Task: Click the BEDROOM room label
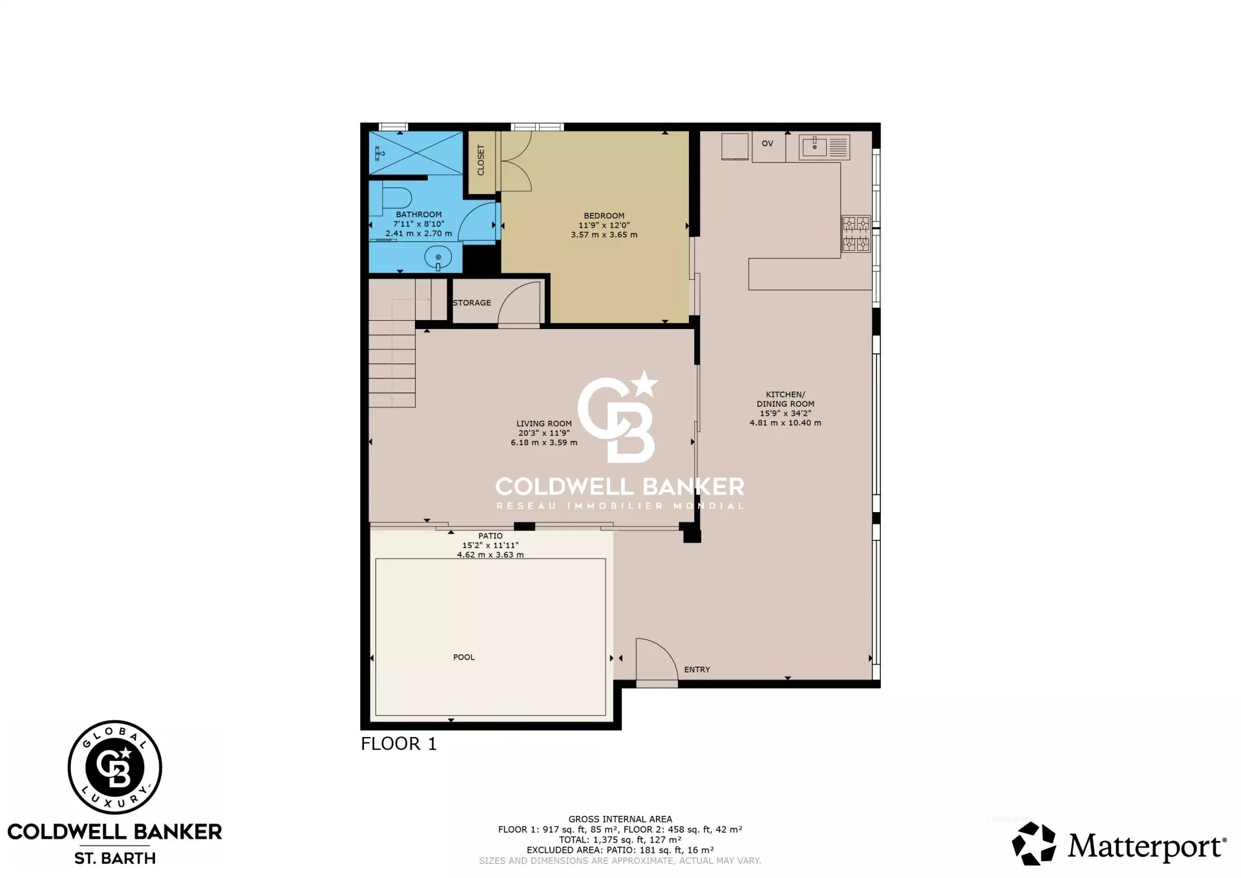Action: click(604, 216)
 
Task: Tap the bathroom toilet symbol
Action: click(396, 198)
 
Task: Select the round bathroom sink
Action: click(438, 258)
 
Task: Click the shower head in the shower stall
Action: click(380, 153)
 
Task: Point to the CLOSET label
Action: click(481, 160)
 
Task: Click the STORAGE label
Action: click(472, 303)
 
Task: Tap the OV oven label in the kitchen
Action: click(767, 144)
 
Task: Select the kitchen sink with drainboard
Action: click(823, 147)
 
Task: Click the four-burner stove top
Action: click(856, 233)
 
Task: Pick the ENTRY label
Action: click(697, 670)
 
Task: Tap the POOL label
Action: click(463, 658)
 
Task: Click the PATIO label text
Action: click(490, 536)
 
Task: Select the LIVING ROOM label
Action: click(544, 424)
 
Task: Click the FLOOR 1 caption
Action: click(398, 744)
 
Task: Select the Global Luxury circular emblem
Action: click(115, 767)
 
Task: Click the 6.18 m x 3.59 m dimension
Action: click(544, 443)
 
